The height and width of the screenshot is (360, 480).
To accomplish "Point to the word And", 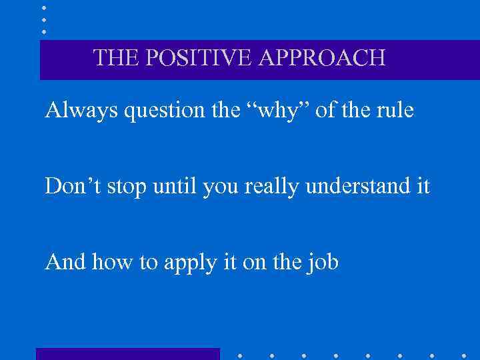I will [x=65, y=262].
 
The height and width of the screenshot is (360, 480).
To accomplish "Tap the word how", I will [x=109, y=262].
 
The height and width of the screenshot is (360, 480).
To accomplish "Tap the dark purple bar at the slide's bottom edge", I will [x=127, y=354].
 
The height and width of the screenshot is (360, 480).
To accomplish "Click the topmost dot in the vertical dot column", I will [x=43, y=7].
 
